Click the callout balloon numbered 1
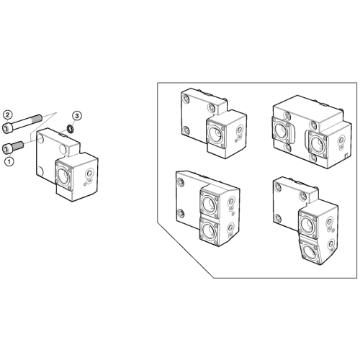[9, 161]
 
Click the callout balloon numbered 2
[7, 115]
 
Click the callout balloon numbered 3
[77, 116]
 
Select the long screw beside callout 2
[22, 122]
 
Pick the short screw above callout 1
[13, 147]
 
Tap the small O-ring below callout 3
[71, 129]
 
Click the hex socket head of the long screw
[7, 127]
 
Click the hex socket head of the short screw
[6, 149]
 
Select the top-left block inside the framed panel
[213, 123]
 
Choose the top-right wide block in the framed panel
[312, 132]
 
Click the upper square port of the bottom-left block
[210, 203]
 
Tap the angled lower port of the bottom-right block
[311, 251]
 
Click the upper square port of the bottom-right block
[309, 223]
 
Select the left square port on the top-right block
[282, 130]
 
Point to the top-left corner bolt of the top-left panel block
[185, 98]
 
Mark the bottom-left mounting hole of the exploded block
[40, 171]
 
